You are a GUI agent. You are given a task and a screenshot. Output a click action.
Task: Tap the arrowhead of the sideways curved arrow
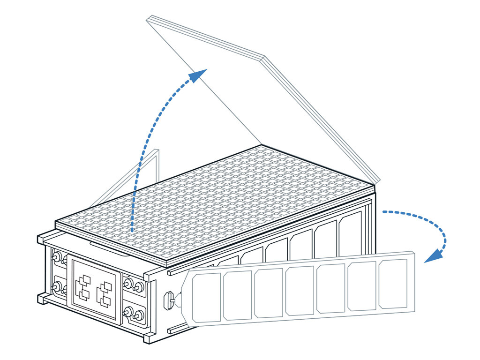click(x=433, y=256)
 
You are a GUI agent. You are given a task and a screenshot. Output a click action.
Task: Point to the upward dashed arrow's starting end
click(x=133, y=231)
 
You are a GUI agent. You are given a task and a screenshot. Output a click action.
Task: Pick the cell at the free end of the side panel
click(x=393, y=284)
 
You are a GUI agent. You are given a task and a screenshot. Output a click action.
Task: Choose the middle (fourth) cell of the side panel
click(x=300, y=291)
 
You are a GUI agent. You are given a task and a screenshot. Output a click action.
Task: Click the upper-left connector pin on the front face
click(x=56, y=256)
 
